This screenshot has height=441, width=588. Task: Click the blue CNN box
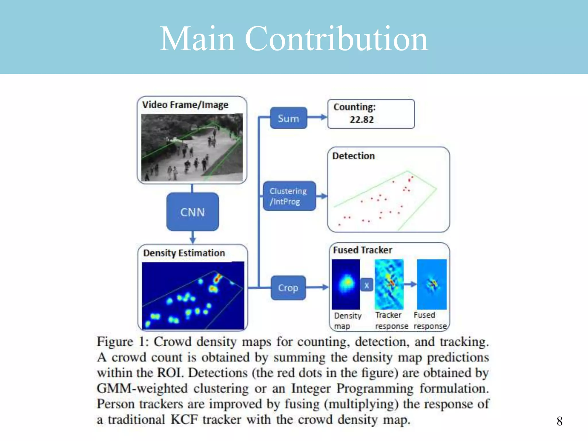point(193,212)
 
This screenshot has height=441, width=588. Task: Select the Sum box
point(289,118)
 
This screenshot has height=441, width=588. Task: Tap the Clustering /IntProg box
point(289,196)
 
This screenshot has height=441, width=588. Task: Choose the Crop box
point(288,288)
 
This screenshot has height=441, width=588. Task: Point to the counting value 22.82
point(362,119)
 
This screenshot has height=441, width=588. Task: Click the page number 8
point(559,421)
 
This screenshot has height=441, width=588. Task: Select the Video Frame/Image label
point(185,105)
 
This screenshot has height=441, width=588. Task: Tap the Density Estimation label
point(184,253)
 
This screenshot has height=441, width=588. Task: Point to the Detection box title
point(353,156)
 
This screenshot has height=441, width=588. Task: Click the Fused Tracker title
point(362,250)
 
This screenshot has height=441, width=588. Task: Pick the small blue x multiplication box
point(367,285)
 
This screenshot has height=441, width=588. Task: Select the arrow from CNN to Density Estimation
point(193,237)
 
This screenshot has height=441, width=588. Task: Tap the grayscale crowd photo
point(192,147)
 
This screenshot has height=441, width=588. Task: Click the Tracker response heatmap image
point(389,284)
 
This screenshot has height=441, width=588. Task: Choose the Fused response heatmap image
point(432,284)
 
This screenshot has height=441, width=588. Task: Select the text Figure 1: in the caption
point(122,342)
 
